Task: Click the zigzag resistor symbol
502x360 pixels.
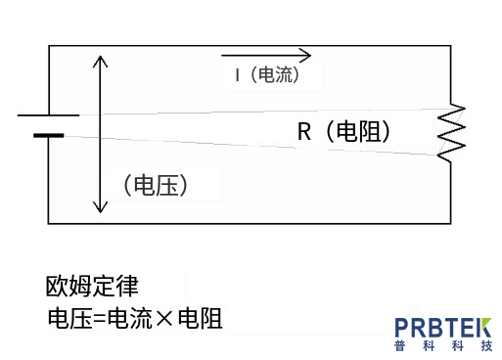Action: click(452, 133)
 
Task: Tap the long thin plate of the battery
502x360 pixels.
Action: click(48, 115)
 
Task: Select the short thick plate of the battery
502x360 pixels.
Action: click(49, 135)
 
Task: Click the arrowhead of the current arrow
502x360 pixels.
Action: click(305, 55)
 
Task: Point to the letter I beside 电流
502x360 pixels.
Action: click(238, 75)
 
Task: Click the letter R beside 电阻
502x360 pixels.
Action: click(304, 131)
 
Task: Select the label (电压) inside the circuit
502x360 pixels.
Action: click(156, 185)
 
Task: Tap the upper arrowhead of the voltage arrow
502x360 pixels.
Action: click(100, 62)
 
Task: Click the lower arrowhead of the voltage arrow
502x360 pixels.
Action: click(100, 206)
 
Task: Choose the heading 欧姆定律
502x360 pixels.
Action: click(92, 287)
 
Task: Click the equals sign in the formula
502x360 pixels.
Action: click(100, 319)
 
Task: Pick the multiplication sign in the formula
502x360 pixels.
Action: click(164, 319)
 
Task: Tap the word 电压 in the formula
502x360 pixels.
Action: click(70, 318)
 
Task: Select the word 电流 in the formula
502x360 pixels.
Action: click(130, 318)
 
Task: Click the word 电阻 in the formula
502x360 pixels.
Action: click(201, 318)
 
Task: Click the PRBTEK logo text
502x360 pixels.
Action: click(443, 328)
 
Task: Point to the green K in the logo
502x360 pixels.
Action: click(484, 328)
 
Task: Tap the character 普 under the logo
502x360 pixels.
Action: click(399, 345)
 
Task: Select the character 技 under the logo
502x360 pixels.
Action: click(486, 345)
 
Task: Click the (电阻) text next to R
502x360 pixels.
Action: click(358, 131)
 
